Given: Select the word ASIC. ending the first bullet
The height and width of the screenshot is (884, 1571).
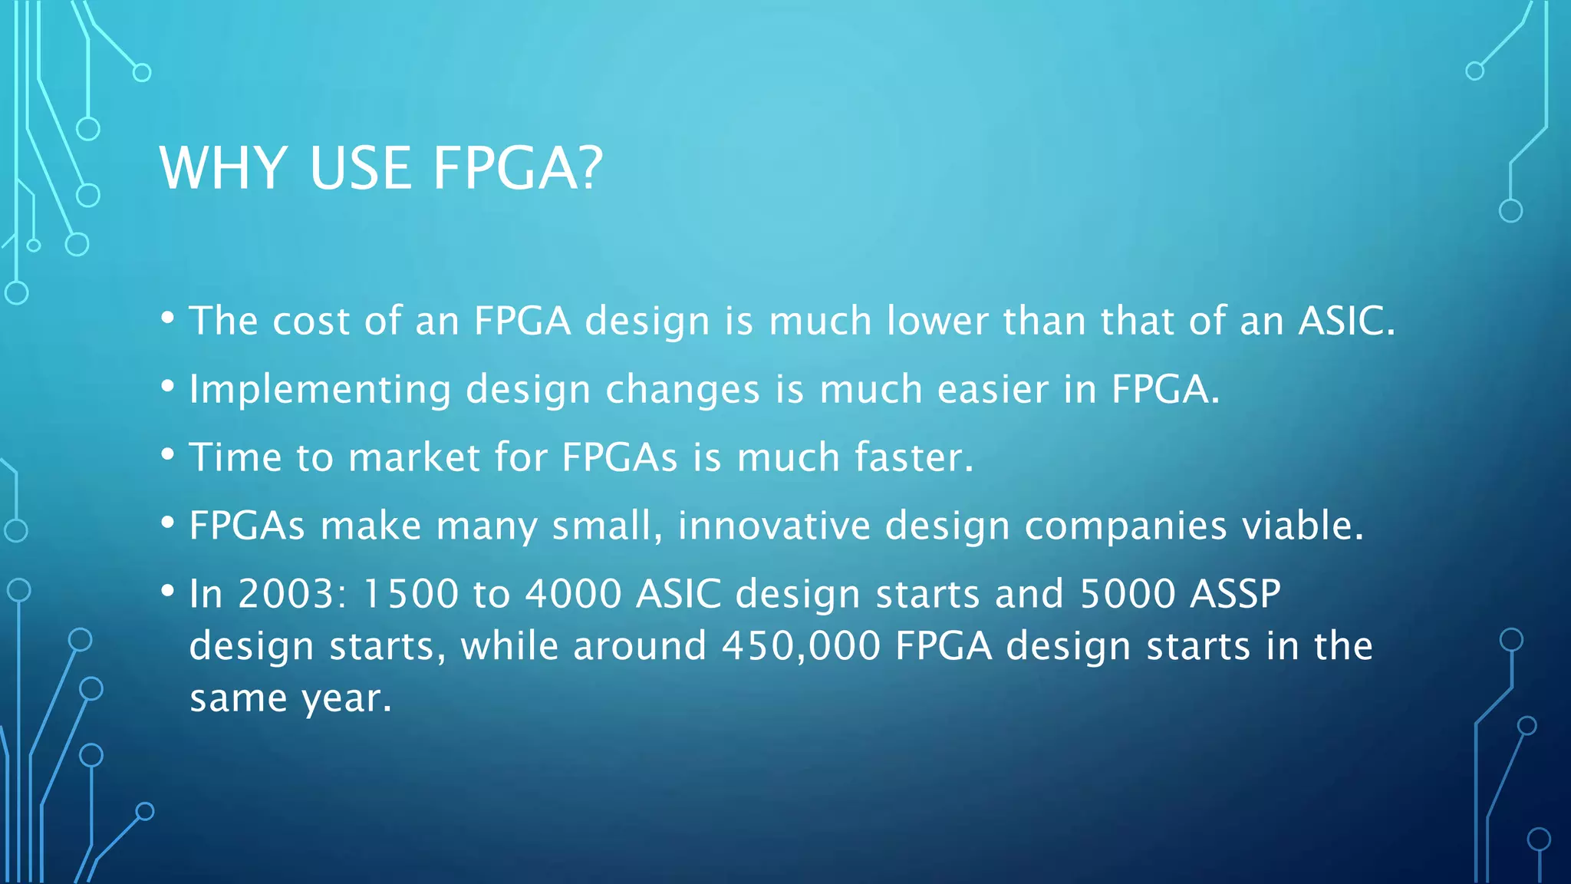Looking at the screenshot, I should (x=1346, y=321).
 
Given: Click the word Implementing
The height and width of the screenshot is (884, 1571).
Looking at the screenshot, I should (x=320, y=390).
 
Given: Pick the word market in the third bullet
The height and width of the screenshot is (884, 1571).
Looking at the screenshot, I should (x=414, y=457).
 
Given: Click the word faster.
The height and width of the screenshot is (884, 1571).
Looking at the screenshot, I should (x=914, y=457).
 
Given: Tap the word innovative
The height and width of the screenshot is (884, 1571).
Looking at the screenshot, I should (x=774, y=526).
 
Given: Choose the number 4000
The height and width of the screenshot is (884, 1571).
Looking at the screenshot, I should (x=573, y=594).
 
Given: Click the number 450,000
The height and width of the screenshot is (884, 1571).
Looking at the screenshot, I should (x=801, y=646).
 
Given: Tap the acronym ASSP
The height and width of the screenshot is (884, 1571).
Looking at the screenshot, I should (x=1235, y=594).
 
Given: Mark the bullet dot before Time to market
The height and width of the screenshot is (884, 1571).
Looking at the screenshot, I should (x=168, y=454).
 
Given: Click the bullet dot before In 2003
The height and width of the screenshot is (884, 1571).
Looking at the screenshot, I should (x=168, y=591).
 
